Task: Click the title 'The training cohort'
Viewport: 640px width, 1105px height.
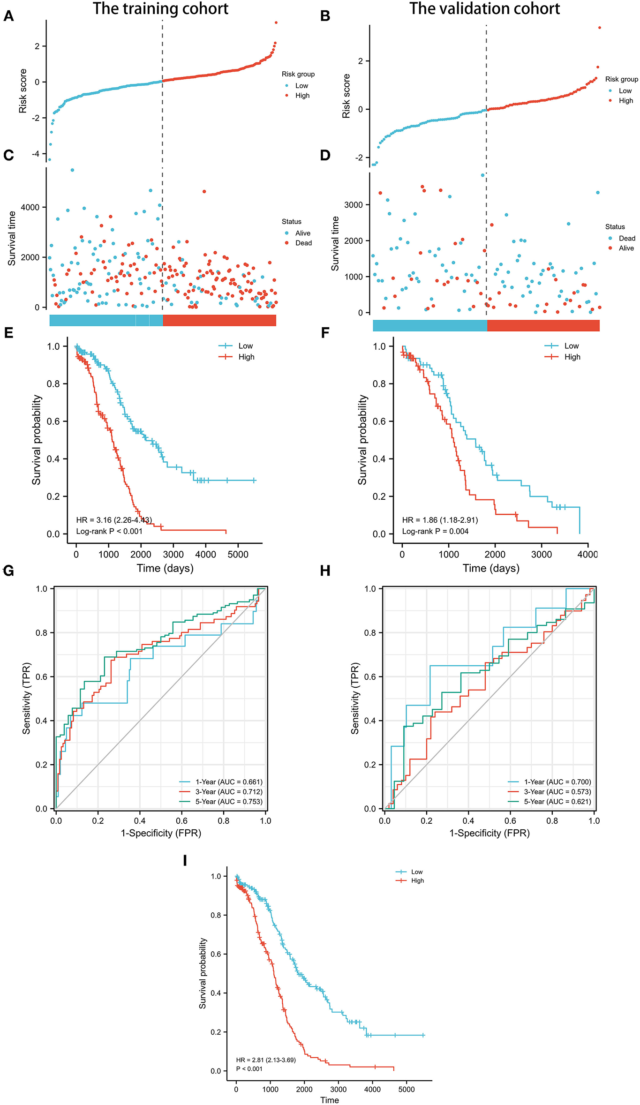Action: click(x=160, y=8)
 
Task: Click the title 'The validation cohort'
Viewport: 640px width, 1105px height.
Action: click(x=484, y=8)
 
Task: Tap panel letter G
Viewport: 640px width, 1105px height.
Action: click(x=8, y=571)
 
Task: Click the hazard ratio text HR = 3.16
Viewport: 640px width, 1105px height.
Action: click(x=114, y=520)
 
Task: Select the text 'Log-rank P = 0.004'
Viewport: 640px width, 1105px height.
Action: click(x=435, y=531)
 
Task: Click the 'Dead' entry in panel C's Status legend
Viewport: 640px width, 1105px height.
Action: click(x=303, y=243)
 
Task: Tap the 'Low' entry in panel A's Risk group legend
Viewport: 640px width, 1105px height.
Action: click(x=301, y=86)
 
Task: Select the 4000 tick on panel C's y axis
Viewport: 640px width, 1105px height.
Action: click(x=30, y=207)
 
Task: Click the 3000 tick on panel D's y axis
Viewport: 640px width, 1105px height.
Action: click(x=354, y=205)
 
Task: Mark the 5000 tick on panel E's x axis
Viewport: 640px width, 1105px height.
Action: click(x=238, y=555)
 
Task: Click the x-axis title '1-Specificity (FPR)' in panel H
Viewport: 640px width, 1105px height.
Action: click(x=489, y=833)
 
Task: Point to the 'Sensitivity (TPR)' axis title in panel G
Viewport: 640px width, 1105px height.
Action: click(x=27, y=698)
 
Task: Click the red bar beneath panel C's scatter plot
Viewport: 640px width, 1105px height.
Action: click(x=219, y=320)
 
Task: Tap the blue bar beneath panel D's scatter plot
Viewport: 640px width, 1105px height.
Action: click(x=430, y=325)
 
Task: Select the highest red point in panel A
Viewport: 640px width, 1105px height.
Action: click(x=276, y=23)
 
